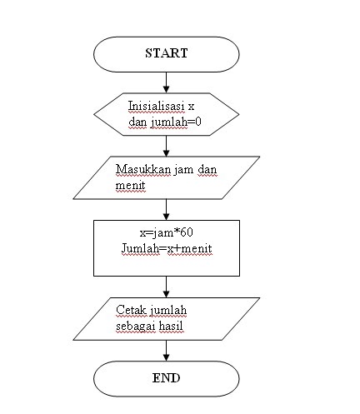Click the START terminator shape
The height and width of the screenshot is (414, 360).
167,53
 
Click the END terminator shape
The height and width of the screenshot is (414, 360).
167,378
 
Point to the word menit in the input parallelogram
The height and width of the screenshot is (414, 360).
130,184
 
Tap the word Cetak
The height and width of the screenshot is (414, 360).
131,312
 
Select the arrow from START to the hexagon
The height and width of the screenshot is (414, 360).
167,81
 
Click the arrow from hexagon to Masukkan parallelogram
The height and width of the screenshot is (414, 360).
167,146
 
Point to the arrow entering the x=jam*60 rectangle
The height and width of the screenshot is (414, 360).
167,210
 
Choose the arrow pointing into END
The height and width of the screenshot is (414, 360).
167,351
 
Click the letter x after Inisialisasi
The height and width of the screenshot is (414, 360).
191,107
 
